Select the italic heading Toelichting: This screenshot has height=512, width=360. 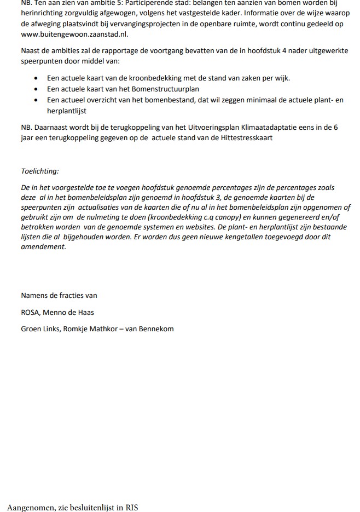tap(40, 171)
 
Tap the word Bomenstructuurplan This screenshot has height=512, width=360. tap(170, 89)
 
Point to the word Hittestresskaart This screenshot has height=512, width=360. tap(246, 137)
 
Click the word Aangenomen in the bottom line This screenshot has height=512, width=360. tap(31, 508)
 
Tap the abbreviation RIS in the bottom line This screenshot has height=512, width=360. tap(131, 508)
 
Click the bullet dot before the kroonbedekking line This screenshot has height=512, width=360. tap(36, 78)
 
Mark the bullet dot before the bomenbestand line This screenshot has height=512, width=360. tap(36, 100)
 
